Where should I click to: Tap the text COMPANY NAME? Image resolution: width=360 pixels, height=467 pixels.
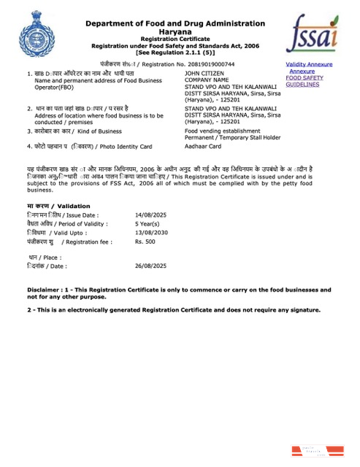point(207,80)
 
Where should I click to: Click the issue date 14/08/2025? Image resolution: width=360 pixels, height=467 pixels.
point(151,215)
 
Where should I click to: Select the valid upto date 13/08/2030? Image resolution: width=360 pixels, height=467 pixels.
point(151,231)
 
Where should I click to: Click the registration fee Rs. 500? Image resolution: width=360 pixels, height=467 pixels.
point(145,240)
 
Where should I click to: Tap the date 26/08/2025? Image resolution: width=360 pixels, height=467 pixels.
point(151,266)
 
